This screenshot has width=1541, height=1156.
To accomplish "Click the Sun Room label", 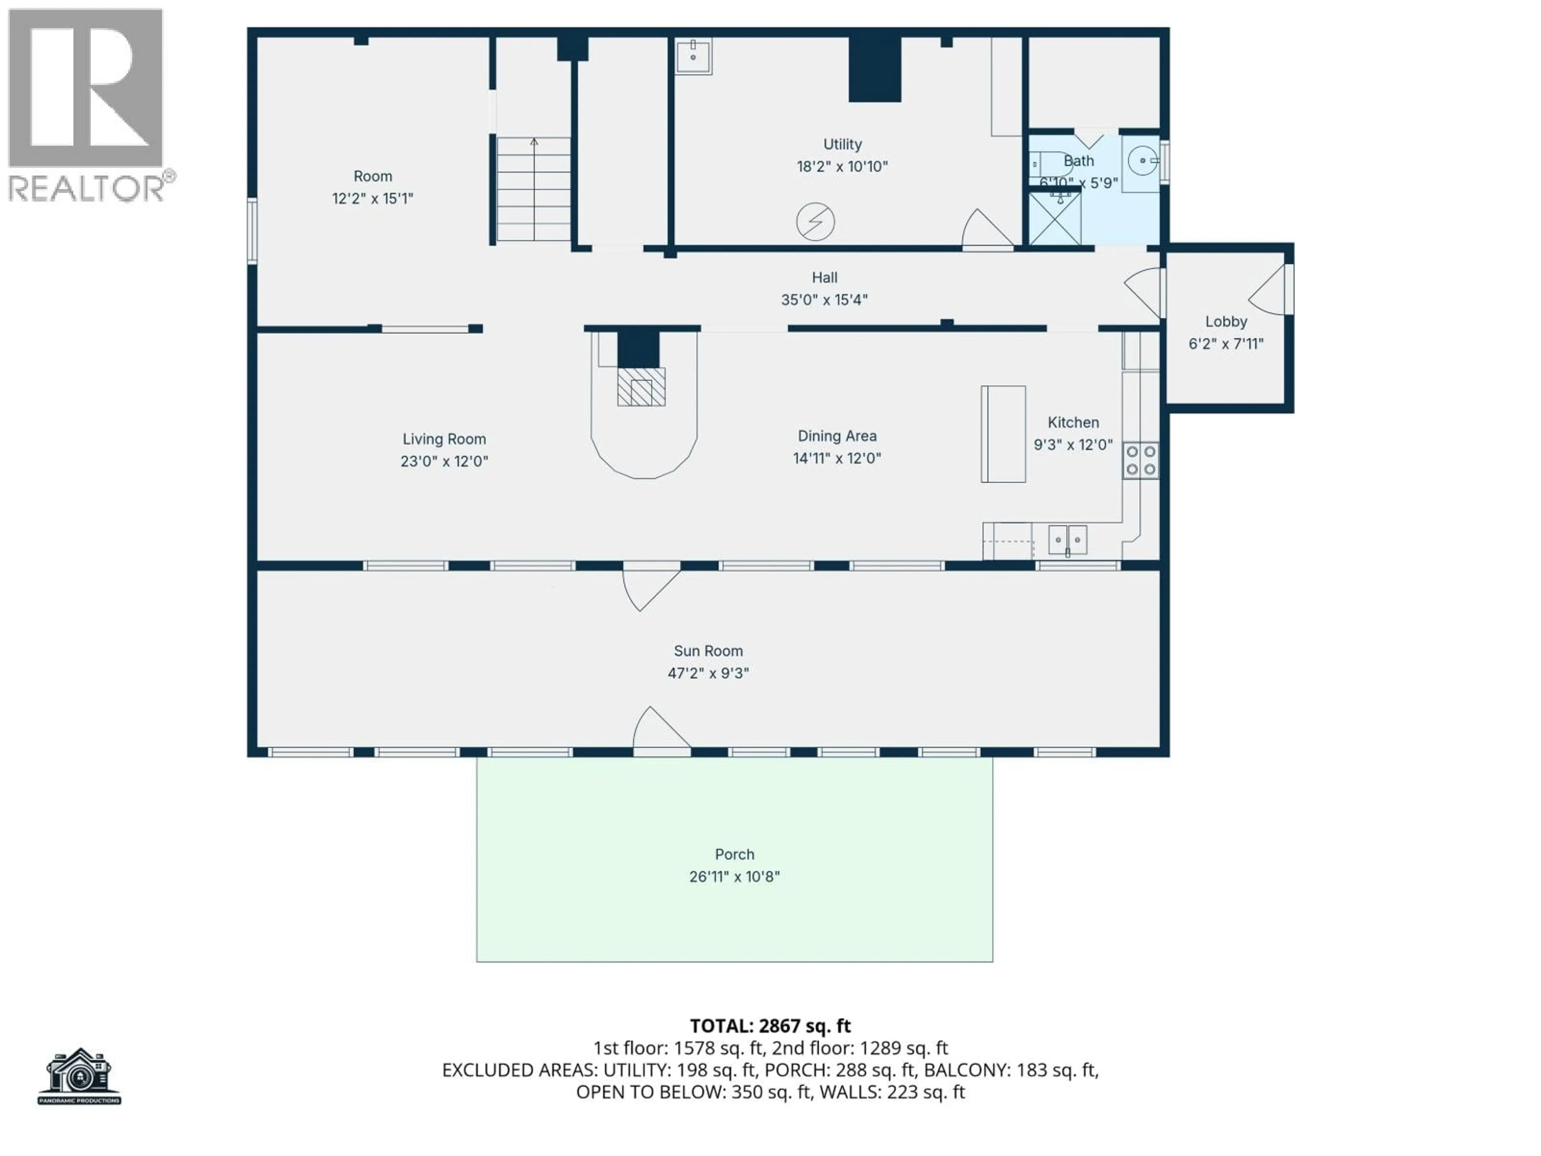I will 708,651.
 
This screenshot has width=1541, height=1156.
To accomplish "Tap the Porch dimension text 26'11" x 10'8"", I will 734,877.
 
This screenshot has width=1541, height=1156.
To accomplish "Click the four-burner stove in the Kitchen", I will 1141,460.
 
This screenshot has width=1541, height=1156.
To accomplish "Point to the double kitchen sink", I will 1067,540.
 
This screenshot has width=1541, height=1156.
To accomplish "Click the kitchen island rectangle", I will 1003,434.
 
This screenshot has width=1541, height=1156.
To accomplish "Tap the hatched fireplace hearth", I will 641,387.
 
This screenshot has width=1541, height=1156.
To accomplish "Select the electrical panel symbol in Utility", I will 815,222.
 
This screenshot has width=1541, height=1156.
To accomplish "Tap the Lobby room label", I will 1226,322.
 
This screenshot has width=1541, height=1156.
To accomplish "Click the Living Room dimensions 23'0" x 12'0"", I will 444,461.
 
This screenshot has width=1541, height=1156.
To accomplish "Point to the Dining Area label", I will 837,436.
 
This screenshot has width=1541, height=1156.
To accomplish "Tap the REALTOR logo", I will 87,104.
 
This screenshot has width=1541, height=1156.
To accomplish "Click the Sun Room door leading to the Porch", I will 661,732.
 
